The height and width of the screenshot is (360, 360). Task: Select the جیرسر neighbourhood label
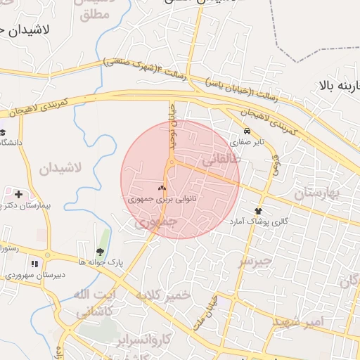255,262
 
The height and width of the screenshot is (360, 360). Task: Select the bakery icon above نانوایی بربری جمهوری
162,188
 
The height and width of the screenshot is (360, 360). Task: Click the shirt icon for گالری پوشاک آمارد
258,210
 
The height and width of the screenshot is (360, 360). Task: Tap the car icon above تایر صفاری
247,131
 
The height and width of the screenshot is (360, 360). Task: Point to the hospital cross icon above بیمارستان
18,193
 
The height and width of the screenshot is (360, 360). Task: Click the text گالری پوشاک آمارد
258,221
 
